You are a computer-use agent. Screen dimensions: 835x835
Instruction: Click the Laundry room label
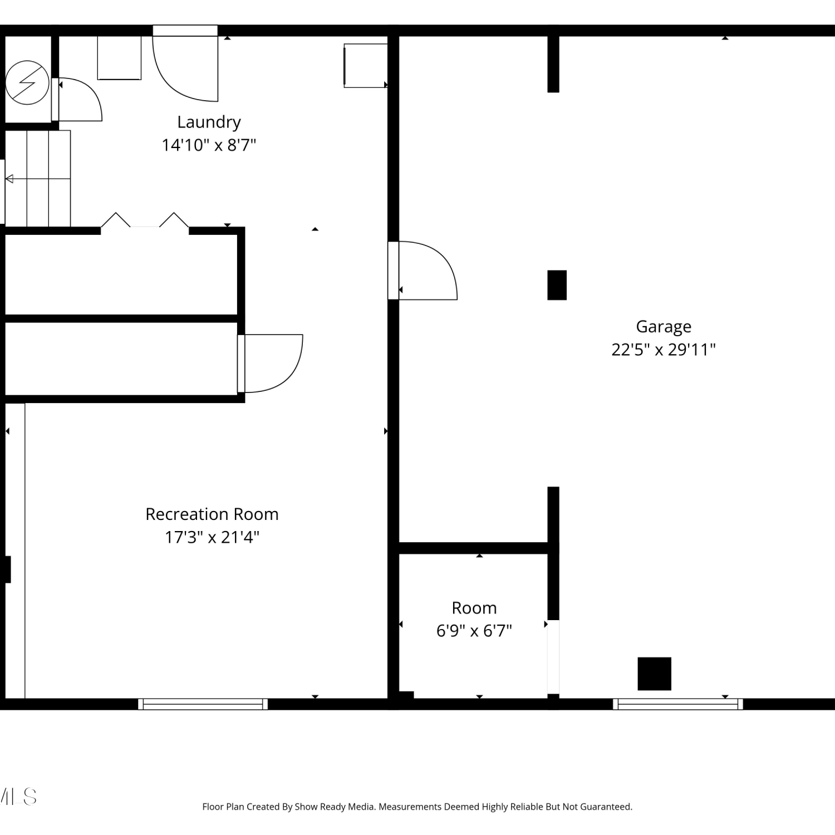[209, 122]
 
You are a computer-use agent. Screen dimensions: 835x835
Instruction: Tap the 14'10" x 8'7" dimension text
[209, 145]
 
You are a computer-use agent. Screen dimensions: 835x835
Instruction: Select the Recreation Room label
[212, 514]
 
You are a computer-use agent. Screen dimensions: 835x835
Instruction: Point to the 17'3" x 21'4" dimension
[212, 537]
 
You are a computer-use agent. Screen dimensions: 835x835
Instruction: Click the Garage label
[664, 327]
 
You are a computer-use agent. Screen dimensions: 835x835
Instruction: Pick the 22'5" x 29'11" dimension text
[664, 350]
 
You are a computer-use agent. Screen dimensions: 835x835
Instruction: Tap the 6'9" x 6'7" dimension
[474, 631]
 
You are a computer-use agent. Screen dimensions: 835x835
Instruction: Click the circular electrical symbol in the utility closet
[27, 82]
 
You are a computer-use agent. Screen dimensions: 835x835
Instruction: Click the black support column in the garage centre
[557, 285]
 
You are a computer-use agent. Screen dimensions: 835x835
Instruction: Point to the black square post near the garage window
[655, 674]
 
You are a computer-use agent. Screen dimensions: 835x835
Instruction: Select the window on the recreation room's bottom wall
[203, 704]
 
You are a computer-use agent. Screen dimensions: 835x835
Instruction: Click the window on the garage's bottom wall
[678, 704]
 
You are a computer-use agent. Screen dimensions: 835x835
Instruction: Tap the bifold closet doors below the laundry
[145, 220]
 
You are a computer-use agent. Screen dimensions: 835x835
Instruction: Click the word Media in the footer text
[361, 807]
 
